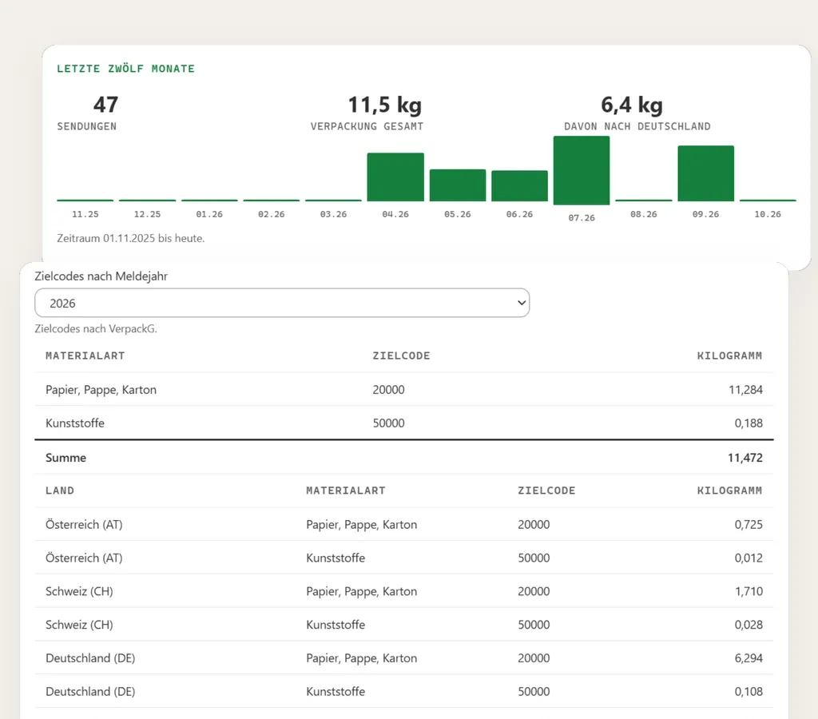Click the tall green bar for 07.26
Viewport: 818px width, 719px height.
[582, 170]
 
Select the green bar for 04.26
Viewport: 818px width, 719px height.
[395, 177]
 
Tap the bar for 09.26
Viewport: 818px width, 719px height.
[706, 173]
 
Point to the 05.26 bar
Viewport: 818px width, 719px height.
[458, 185]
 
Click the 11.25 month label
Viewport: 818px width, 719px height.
[85, 214]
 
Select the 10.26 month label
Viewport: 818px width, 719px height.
[768, 214]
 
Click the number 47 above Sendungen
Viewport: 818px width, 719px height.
[106, 105]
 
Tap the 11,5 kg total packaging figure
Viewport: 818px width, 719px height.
[385, 105]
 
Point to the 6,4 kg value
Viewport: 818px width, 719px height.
[632, 105]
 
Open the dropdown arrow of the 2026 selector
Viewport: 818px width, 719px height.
[521, 303]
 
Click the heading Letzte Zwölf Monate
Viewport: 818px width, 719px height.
[125, 69]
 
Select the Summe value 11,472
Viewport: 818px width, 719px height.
[745, 458]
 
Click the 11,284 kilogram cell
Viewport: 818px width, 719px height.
[745, 390]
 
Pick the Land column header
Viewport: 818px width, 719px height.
[60, 491]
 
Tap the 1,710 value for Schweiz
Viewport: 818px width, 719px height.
[749, 591]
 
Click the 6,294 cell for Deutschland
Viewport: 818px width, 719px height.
[749, 658]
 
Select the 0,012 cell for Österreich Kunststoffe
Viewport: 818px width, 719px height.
[749, 558]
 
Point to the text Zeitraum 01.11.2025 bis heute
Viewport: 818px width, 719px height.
[130, 238]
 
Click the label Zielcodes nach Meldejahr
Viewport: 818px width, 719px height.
[101, 276]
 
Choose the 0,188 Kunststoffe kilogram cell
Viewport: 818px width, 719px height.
[749, 423]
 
